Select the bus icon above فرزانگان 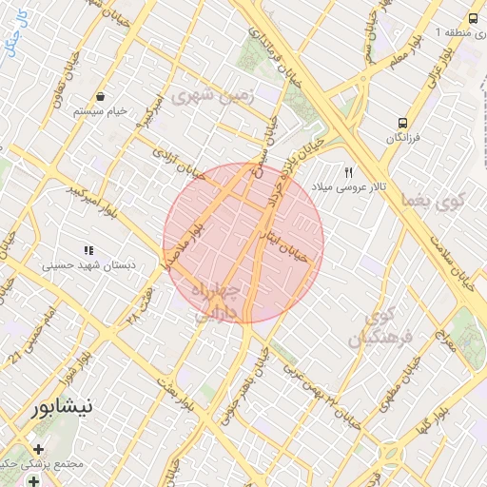coord(403,123)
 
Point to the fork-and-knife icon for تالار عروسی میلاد coord(349,172)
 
